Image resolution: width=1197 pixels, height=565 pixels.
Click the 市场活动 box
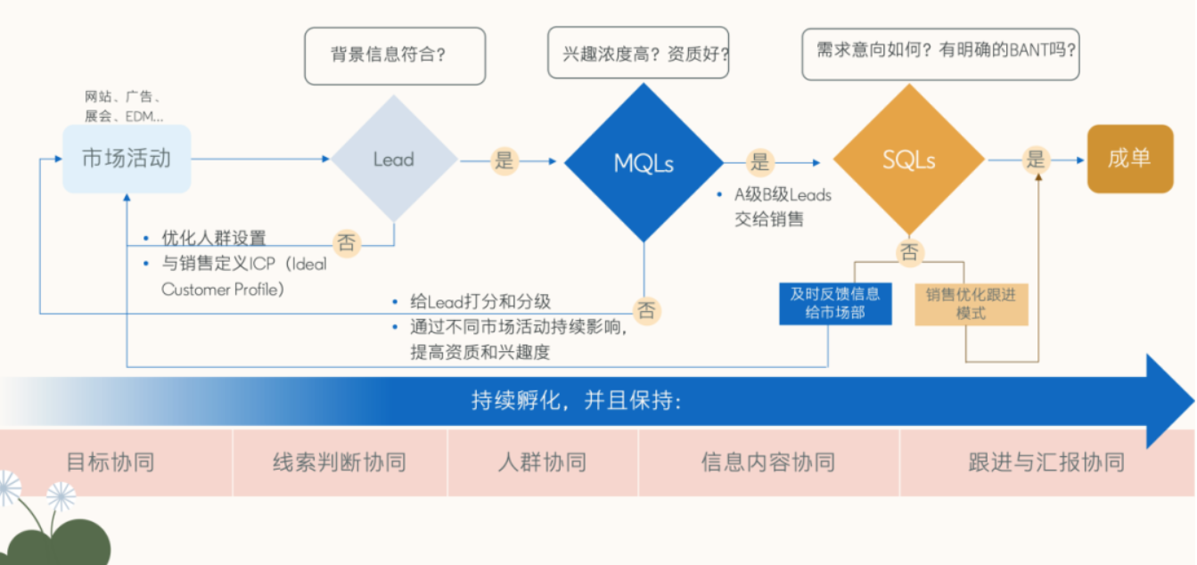coord(126,159)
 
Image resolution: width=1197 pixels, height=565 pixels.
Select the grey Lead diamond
coord(394,160)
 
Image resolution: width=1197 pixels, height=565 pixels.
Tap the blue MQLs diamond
coord(644,163)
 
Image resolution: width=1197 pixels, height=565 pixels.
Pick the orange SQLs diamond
coord(908,160)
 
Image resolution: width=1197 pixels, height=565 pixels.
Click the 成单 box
coord(1129,159)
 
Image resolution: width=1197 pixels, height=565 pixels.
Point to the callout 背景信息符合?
coord(395,55)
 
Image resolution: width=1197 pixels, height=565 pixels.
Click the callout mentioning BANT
coord(939,50)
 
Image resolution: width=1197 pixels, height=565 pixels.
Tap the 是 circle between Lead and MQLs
coord(504,161)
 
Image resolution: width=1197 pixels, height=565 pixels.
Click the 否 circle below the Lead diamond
coord(347,242)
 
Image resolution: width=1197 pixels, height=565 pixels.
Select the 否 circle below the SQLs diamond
coord(908,252)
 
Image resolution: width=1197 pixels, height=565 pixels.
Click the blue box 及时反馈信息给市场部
coord(834,303)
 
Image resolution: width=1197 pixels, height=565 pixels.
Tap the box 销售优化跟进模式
coord(971,303)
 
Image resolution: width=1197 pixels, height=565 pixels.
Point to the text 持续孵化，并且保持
coord(576,402)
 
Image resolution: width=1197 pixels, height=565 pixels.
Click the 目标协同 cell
coord(111,463)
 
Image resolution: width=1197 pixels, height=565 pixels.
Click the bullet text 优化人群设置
coord(213,239)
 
